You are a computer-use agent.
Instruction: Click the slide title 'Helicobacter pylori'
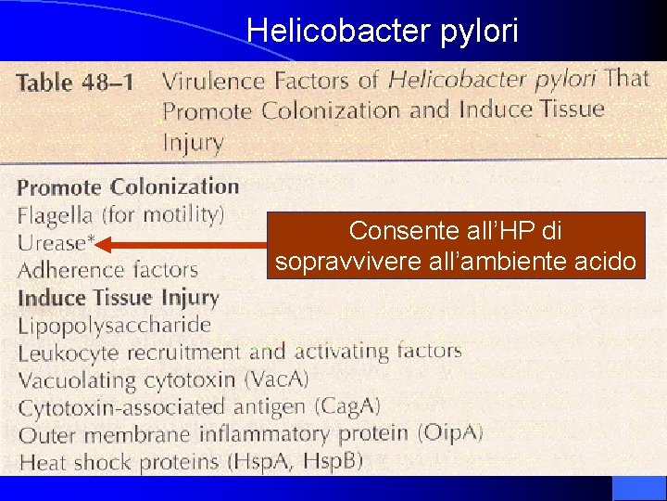tap(383, 31)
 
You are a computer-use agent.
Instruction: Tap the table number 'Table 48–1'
tap(76, 82)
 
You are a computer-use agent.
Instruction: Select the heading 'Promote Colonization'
tap(128, 186)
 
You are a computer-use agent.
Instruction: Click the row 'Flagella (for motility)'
tap(120, 215)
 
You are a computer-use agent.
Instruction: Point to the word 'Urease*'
tap(55, 243)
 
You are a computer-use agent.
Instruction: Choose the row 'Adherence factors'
tap(108, 270)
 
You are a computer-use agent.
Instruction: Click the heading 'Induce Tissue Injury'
tap(118, 299)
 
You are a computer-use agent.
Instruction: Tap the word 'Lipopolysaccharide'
tap(115, 326)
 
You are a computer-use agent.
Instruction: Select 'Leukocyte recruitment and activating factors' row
tap(239, 352)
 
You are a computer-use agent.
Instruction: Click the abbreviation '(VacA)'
tap(276, 379)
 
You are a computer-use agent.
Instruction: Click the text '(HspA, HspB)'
tap(305, 460)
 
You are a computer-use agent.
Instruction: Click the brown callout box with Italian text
tap(455, 245)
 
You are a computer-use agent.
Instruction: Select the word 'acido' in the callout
tap(605, 263)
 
